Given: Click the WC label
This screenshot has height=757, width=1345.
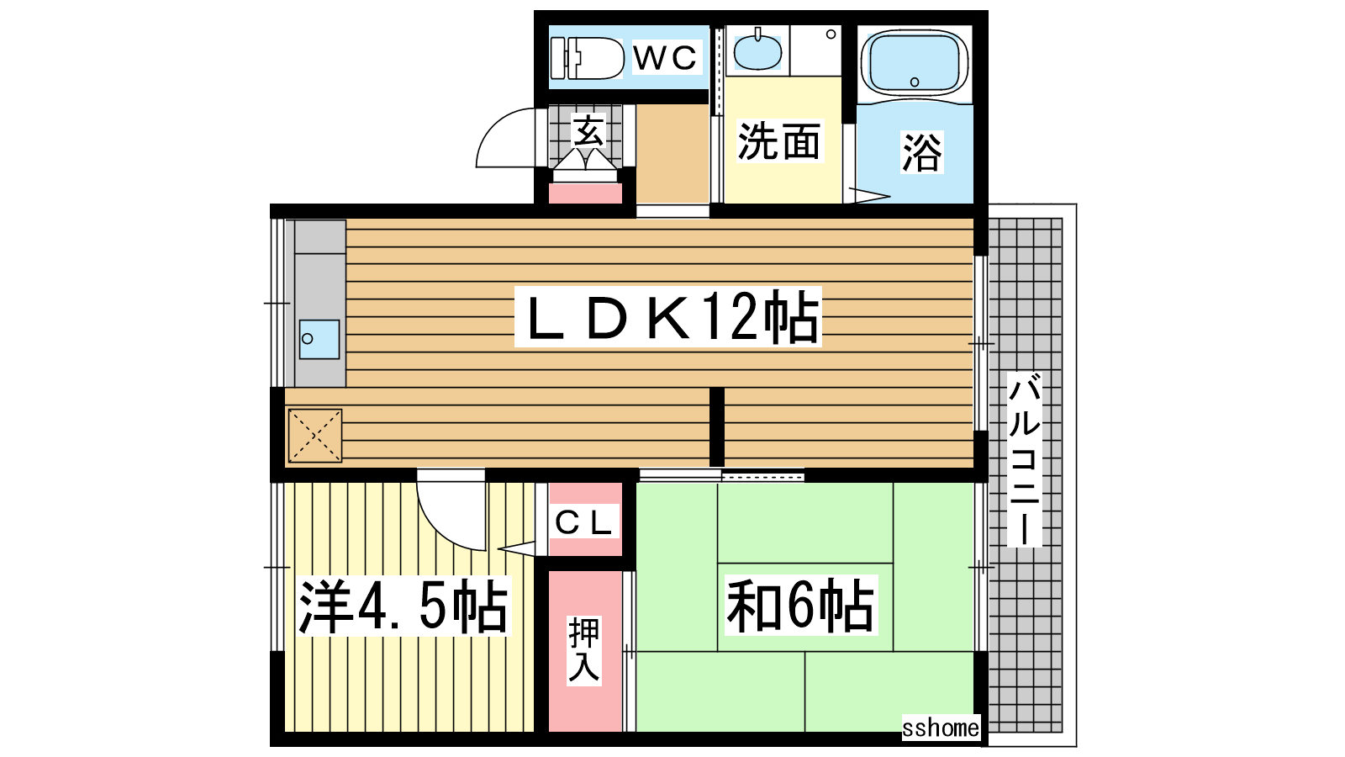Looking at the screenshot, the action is [665, 58].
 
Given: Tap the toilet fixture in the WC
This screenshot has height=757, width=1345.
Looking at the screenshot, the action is [588, 58].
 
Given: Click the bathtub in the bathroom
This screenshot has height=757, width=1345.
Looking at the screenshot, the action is [915, 64].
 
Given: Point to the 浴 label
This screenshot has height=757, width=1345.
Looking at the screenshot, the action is [921, 152].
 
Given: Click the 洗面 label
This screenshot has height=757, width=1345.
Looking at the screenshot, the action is [778, 142].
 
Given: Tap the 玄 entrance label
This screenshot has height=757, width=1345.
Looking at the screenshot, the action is [588, 130].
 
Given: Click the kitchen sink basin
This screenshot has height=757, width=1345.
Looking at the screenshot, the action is [319, 340].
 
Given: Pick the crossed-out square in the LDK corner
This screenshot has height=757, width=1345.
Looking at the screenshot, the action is [315, 436].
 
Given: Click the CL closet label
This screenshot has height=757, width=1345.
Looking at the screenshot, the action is [585, 523].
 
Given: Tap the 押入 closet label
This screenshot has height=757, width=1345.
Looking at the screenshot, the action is [584, 651].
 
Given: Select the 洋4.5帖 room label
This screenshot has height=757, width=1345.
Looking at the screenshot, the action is [403, 606].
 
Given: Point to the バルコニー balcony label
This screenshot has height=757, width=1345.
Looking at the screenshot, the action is [1024, 459].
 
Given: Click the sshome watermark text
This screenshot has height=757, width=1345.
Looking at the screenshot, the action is [941, 728].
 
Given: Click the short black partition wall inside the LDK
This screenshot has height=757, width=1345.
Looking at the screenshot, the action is [717, 426].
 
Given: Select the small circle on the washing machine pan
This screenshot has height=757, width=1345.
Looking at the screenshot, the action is [831, 34].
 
